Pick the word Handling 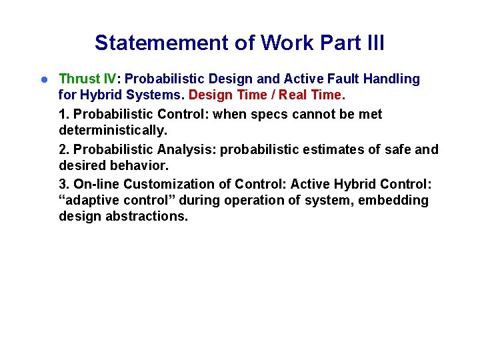coord(392,79)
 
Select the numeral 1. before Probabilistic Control coord(64,114)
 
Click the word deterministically coord(113,131)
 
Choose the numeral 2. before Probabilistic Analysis coord(64,149)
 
